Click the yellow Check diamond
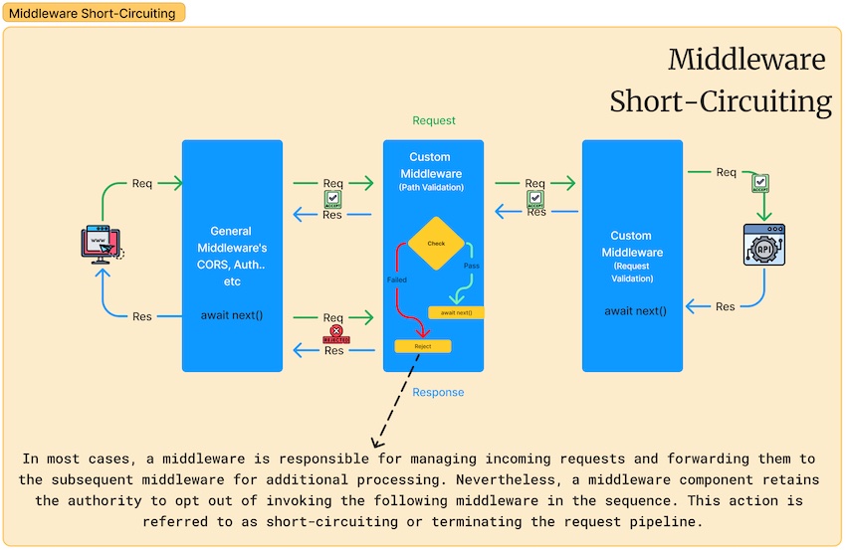(436, 243)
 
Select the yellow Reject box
(423, 346)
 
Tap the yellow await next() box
(456, 312)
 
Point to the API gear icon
(764, 244)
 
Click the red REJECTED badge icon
(336, 334)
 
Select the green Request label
(434, 120)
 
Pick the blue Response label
(438, 392)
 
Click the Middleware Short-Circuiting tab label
(92, 13)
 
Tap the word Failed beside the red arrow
(397, 280)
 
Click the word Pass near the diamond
(472, 267)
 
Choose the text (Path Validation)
(431, 186)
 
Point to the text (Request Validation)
(631, 274)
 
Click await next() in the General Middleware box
(232, 315)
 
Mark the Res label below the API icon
(726, 306)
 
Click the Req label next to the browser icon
(142, 183)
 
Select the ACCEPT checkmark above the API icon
(759, 183)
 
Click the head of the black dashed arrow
(374, 445)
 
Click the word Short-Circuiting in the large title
(721, 101)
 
